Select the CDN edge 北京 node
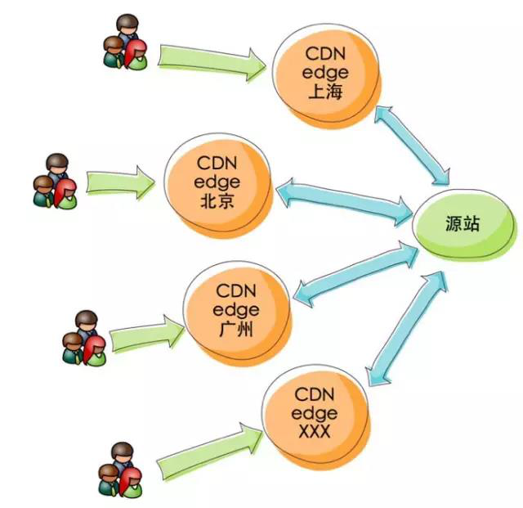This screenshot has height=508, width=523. [x=217, y=184]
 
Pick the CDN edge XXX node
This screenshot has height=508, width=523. [x=315, y=413]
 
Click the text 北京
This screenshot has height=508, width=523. [x=216, y=200]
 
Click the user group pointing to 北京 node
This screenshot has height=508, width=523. [x=56, y=182]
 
